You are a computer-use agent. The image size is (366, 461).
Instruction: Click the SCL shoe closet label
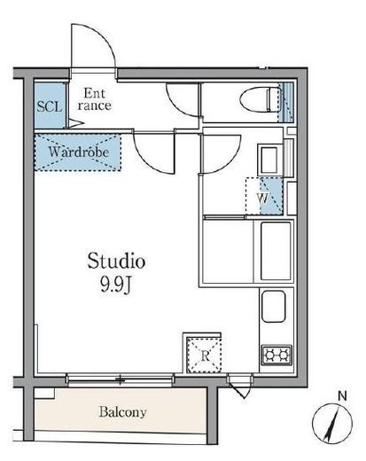point(50,106)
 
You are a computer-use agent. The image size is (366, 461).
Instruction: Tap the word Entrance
point(94,99)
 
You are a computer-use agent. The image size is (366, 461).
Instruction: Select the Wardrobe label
point(78,152)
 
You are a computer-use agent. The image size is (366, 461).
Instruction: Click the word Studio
point(116,261)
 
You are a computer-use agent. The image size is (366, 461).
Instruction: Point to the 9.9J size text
point(115,285)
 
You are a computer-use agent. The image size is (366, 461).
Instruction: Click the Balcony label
point(122,411)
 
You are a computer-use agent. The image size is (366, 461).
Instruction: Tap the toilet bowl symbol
point(260,99)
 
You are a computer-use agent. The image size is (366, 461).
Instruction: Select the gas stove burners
point(276,355)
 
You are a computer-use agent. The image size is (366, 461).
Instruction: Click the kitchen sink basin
point(274,307)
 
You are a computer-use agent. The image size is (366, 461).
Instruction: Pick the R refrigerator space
point(205,355)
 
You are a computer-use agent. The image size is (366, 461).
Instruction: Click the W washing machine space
point(264,196)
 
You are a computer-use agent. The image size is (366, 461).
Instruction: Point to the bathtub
point(276,251)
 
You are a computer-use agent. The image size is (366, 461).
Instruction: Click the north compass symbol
point(332,423)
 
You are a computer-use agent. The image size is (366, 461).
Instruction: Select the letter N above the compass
point(342,396)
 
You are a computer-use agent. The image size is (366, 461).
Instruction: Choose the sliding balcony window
point(120,379)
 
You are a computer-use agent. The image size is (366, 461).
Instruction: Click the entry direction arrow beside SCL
point(76,123)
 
